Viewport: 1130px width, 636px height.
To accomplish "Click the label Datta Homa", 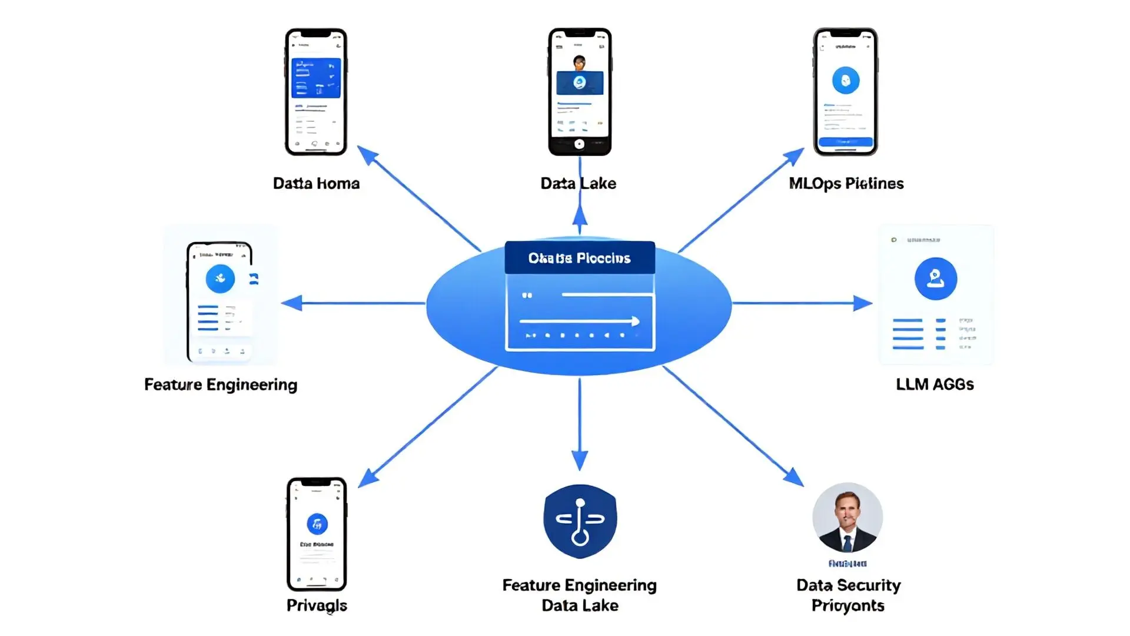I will [316, 183].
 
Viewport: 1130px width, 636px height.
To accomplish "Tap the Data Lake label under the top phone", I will [578, 183].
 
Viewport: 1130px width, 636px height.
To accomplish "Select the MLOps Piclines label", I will [846, 183].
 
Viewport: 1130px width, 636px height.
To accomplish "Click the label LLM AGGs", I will [935, 384].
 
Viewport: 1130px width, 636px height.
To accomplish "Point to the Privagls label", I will [317, 605].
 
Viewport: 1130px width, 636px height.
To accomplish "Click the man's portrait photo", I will [847, 518].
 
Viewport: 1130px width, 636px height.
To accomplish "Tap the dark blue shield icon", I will [580, 521].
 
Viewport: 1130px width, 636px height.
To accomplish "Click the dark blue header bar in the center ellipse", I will [580, 258].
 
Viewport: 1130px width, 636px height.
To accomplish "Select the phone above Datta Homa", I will [316, 91].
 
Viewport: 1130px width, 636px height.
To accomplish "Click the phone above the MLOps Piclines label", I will [845, 91].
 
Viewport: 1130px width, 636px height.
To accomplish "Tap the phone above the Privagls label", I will [317, 534].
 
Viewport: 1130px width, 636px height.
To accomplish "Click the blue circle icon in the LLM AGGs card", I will [935, 279].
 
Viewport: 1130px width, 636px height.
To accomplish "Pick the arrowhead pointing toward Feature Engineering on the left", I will [291, 303].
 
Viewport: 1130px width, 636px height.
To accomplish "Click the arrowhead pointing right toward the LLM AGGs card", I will [863, 303].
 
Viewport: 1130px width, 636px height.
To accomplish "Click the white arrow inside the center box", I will [580, 321].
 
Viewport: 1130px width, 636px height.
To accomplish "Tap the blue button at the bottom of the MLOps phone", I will [845, 142].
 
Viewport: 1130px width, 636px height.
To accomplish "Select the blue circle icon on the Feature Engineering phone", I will [220, 279].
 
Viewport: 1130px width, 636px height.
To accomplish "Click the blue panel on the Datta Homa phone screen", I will [316, 78].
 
